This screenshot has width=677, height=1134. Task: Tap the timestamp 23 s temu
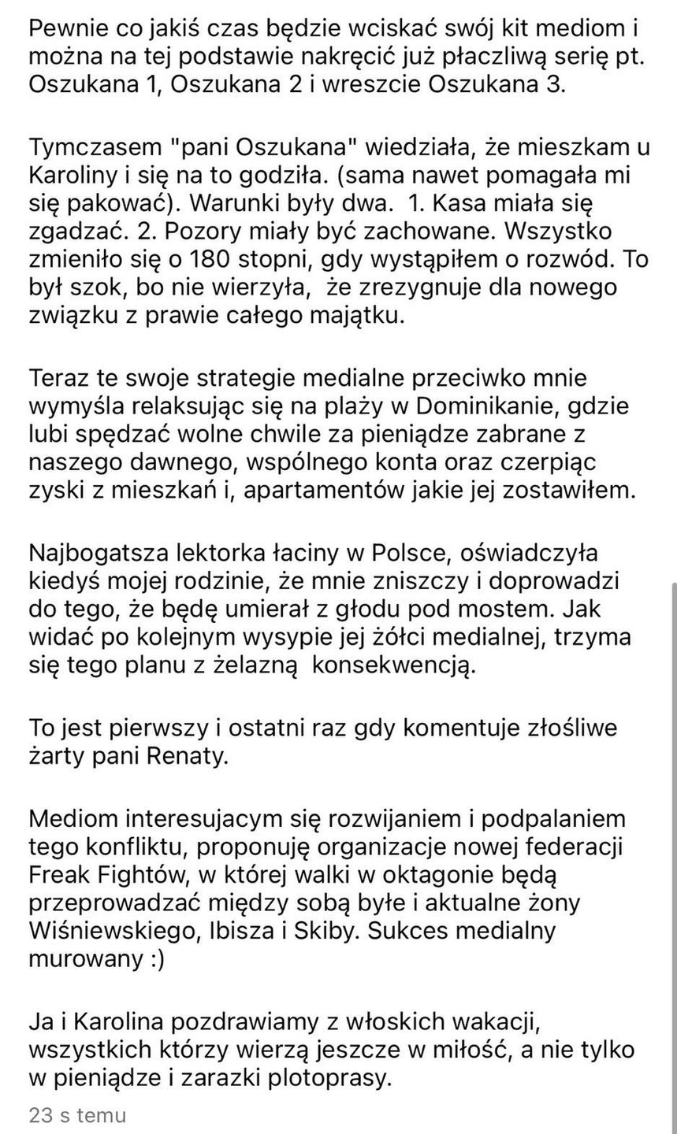[76, 1115]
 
